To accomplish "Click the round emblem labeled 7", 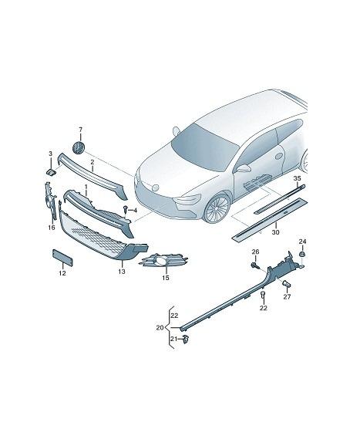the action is pyautogui.click(x=79, y=147).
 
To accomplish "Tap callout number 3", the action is pyautogui.click(x=51, y=154).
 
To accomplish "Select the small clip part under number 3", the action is pyautogui.click(x=51, y=172).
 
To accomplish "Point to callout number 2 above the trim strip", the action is pyautogui.click(x=92, y=162).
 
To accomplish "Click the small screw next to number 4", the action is pyautogui.click(x=126, y=210).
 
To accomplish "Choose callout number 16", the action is pyautogui.click(x=52, y=228).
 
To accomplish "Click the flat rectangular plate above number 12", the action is pyautogui.click(x=62, y=258).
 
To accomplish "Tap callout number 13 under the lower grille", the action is pyautogui.click(x=122, y=272).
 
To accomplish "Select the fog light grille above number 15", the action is pyautogui.click(x=163, y=260).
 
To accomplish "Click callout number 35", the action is pyautogui.click(x=297, y=178).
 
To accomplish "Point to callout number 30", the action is pyautogui.click(x=275, y=232).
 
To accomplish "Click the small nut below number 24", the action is pyautogui.click(x=303, y=254).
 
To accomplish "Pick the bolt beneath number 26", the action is pyautogui.click(x=256, y=265).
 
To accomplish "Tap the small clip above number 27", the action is pyautogui.click(x=287, y=284).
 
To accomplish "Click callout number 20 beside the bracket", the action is pyautogui.click(x=160, y=328).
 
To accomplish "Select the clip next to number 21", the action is pyautogui.click(x=186, y=339).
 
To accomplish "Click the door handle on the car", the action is pyautogui.click(x=279, y=156).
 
